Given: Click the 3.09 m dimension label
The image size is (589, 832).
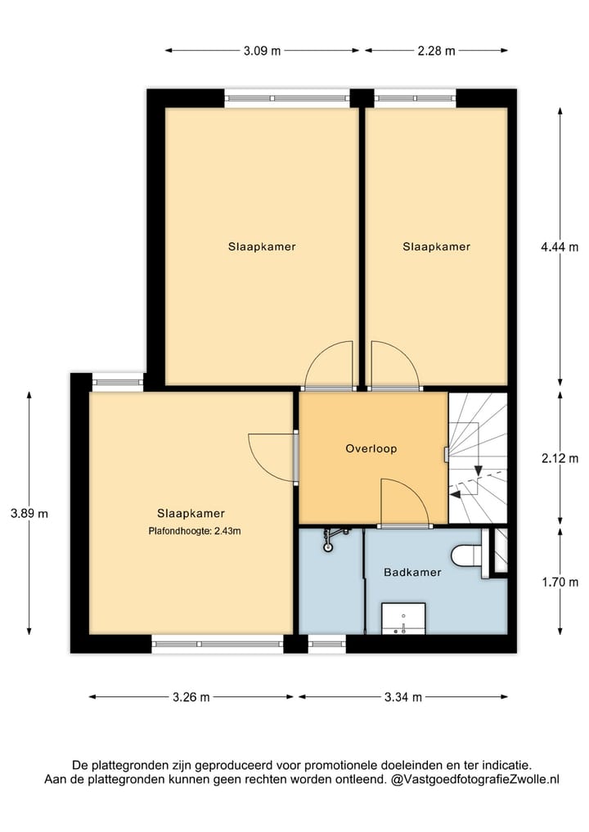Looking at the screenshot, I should point(262,51).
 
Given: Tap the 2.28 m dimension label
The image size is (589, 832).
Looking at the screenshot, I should point(437,51).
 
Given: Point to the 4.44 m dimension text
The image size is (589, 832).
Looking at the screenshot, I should point(560,247).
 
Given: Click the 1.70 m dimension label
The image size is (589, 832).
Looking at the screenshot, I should point(560,582).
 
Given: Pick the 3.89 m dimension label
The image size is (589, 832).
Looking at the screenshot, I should point(29,514).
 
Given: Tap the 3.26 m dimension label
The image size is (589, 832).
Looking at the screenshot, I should point(191,697).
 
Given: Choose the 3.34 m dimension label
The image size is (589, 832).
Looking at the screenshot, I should point(402,697).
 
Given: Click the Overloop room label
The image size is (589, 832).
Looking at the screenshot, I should point(371,448).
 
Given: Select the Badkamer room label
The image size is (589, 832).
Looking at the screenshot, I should point(412,573).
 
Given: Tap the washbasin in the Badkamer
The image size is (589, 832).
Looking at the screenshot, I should point(403,618).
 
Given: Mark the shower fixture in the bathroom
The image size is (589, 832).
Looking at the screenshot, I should point(333,535).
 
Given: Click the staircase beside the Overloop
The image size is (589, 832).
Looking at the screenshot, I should point(477,458).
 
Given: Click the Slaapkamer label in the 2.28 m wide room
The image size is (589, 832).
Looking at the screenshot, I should point(437,246).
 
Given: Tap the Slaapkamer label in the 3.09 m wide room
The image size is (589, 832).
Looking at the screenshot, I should point(262,246).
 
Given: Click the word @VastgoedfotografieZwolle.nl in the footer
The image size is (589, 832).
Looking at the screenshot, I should point(475,780).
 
